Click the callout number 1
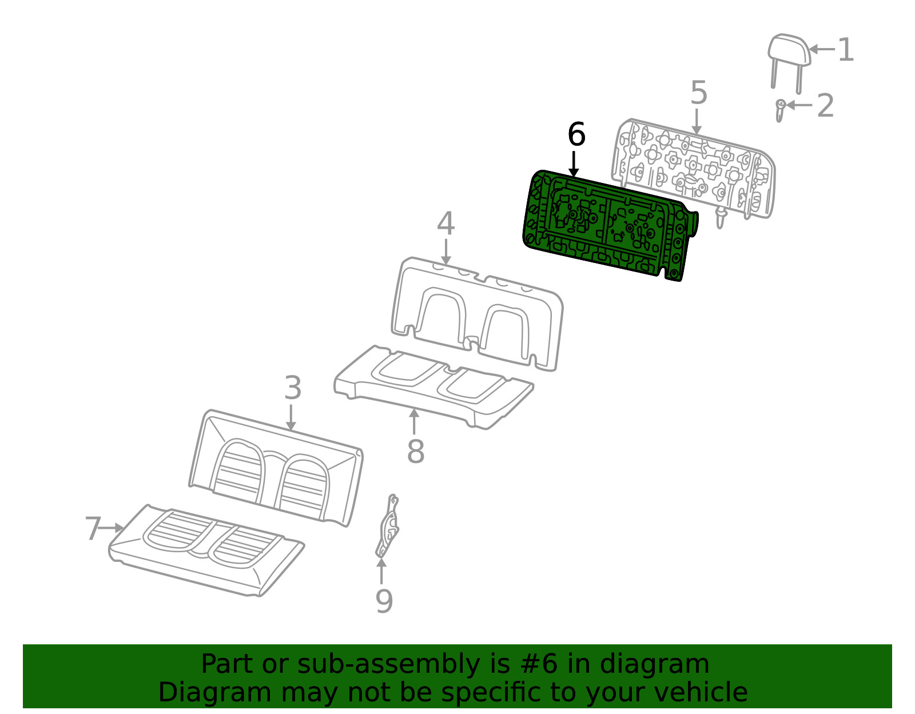[x=846, y=50]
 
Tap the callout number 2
[x=825, y=106]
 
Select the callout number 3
[x=293, y=389]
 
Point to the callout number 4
[x=445, y=224]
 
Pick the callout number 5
[x=699, y=93]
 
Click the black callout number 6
[x=576, y=135]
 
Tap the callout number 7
[x=93, y=528]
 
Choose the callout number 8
[x=416, y=451]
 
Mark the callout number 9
[x=384, y=601]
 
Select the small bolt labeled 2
[x=779, y=110]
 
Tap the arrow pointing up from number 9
[x=381, y=572]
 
